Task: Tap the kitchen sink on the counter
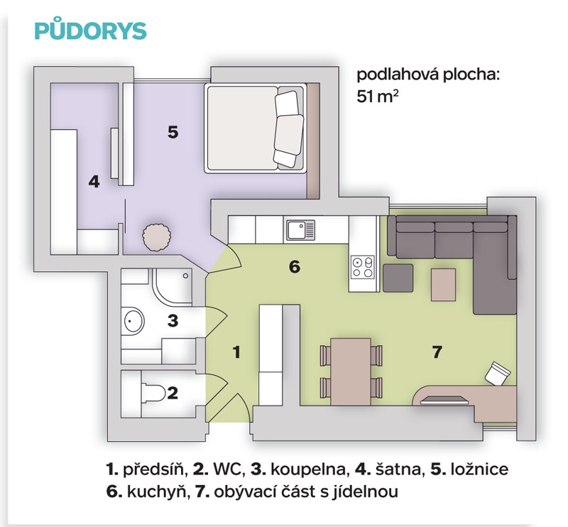pyautogui.click(x=300, y=230)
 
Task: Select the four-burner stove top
pyautogui.click(x=363, y=267)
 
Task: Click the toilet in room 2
pyautogui.click(x=153, y=393)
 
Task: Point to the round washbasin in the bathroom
pyautogui.click(x=133, y=321)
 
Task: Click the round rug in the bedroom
pyautogui.click(x=156, y=237)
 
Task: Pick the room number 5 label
pyautogui.click(x=173, y=132)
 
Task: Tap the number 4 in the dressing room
pyautogui.click(x=94, y=181)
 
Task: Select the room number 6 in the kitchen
pyautogui.click(x=295, y=267)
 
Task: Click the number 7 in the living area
pyautogui.click(x=437, y=352)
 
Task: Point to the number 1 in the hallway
pyautogui.click(x=236, y=352)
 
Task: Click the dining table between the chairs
pyautogui.click(x=351, y=371)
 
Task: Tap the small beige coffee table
pyautogui.click(x=443, y=285)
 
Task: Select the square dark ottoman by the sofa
pyautogui.click(x=398, y=278)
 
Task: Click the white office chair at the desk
pyautogui.click(x=498, y=373)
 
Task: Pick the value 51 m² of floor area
pyautogui.click(x=378, y=97)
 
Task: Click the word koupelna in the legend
pyautogui.click(x=309, y=469)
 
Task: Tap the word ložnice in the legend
pyautogui.click(x=479, y=469)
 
